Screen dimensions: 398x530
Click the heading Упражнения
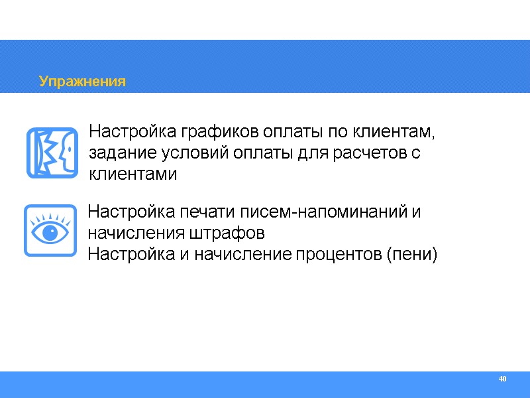[82, 82]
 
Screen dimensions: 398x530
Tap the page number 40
[502, 379]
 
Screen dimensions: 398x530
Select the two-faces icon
[52, 153]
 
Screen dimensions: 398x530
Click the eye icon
[49, 230]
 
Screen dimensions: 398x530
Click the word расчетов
[371, 153]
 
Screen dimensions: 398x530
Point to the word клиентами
[132, 174]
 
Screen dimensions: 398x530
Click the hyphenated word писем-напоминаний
[323, 212]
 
